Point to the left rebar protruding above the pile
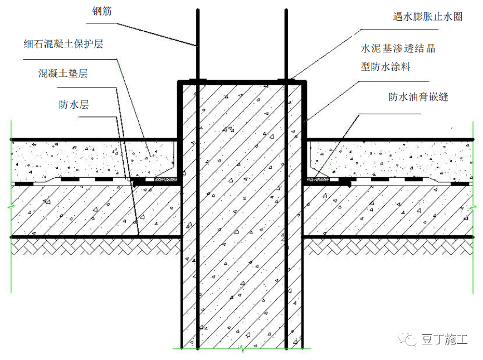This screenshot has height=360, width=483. pyautogui.click(x=196, y=45)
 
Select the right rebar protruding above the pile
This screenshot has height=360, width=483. pyautogui.click(x=286, y=45)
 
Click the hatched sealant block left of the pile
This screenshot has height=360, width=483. pyautogui.click(x=165, y=179)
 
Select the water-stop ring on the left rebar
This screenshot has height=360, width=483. pyautogui.click(x=196, y=81)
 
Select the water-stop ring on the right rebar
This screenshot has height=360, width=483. pyautogui.click(x=286, y=81)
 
